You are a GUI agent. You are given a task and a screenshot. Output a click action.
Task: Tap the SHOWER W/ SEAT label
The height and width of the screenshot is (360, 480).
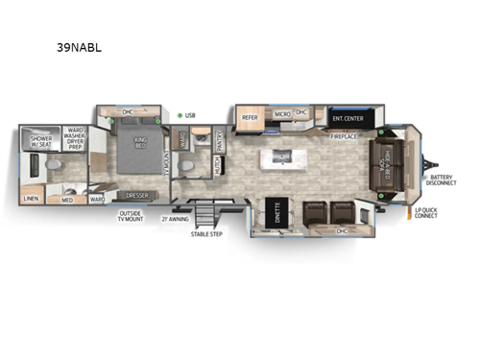(x=41, y=142)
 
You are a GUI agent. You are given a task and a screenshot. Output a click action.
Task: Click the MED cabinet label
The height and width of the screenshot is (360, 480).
(x=67, y=200)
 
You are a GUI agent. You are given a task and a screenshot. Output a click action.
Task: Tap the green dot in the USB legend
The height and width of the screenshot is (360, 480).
(x=180, y=115)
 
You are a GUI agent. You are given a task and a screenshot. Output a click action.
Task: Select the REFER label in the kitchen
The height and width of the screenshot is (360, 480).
(x=251, y=117)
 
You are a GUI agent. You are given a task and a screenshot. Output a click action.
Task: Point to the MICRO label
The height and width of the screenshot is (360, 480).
(x=282, y=113)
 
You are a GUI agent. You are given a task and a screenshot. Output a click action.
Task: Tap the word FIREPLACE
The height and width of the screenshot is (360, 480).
(x=345, y=136)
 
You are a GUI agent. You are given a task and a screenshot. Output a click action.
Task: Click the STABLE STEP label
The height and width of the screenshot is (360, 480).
(x=205, y=233)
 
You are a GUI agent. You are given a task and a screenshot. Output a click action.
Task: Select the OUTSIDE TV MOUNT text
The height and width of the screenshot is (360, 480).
(x=132, y=215)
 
